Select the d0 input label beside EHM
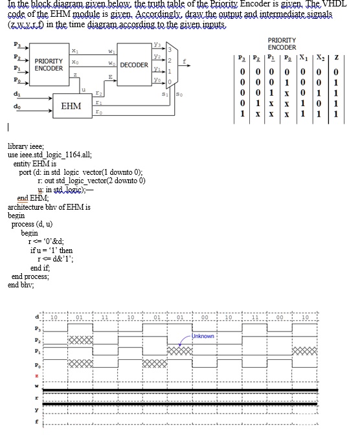(9, 104)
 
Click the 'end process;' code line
(30, 276)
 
